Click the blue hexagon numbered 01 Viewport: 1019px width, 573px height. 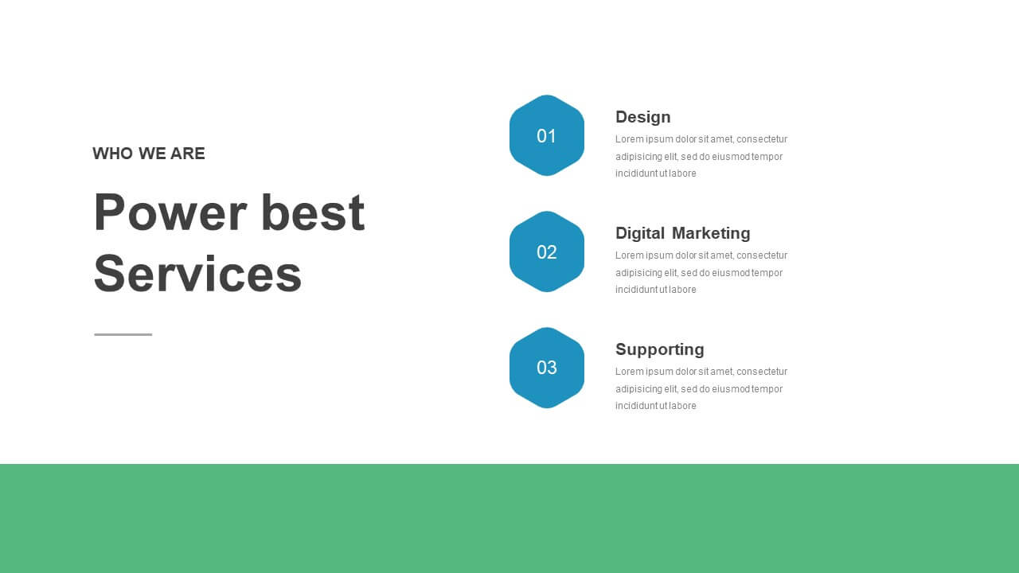pyautogui.click(x=547, y=135)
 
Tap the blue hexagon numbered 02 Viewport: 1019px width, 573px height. pyautogui.click(x=547, y=251)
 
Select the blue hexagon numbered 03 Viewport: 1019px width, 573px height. pyautogui.click(x=547, y=368)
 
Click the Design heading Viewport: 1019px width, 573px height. pyautogui.click(x=642, y=118)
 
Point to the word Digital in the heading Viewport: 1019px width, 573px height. pyautogui.click(x=640, y=233)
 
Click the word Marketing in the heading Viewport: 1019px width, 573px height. pyautogui.click(x=711, y=233)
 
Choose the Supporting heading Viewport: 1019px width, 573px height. pyautogui.click(x=660, y=349)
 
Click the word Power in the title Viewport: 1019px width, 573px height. pyautogui.click(x=170, y=212)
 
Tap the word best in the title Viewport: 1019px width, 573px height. pyautogui.click(x=313, y=212)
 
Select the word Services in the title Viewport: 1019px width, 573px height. pyautogui.click(x=198, y=274)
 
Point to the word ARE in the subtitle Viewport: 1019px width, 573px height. pyautogui.click(x=187, y=154)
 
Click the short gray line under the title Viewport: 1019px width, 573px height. pyautogui.click(x=123, y=334)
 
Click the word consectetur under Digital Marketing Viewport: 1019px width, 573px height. pyautogui.click(x=762, y=255)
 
